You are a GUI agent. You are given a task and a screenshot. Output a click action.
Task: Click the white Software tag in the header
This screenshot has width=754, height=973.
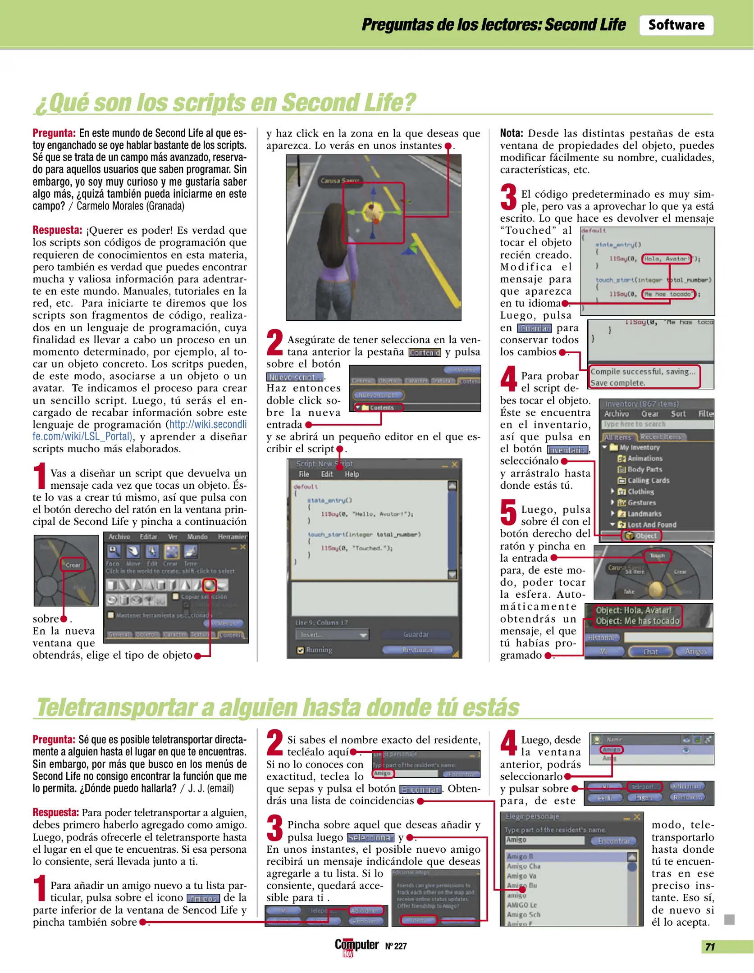(676, 25)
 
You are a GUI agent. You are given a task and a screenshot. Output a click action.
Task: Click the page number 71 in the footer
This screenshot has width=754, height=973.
(710, 947)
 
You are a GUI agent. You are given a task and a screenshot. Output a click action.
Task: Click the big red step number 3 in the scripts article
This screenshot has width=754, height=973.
(508, 197)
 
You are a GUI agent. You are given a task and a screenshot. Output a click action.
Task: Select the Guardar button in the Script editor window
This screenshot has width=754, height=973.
(416, 634)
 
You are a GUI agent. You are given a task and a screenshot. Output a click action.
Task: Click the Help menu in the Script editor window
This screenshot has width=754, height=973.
(352, 474)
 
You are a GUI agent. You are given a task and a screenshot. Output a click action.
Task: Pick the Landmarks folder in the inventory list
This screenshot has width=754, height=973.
(644, 514)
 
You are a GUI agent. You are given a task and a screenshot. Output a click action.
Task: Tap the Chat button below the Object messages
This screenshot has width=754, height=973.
(650, 651)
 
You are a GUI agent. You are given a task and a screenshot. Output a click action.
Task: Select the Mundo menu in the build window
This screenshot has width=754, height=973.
(197, 537)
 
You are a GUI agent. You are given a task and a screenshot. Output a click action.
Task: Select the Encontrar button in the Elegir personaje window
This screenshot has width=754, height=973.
(613, 841)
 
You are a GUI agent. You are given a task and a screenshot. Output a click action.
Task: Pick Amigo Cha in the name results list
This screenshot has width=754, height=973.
(523, 866)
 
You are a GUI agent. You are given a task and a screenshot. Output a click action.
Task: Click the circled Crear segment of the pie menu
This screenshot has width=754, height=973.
(73, 565)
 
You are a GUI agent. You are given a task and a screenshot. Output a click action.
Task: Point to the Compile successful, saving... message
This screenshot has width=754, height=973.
(642, 372)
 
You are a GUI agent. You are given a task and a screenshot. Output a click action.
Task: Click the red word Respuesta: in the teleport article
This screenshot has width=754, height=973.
(55, 812)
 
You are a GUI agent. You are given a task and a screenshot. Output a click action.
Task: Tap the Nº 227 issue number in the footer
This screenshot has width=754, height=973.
(396, 946)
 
